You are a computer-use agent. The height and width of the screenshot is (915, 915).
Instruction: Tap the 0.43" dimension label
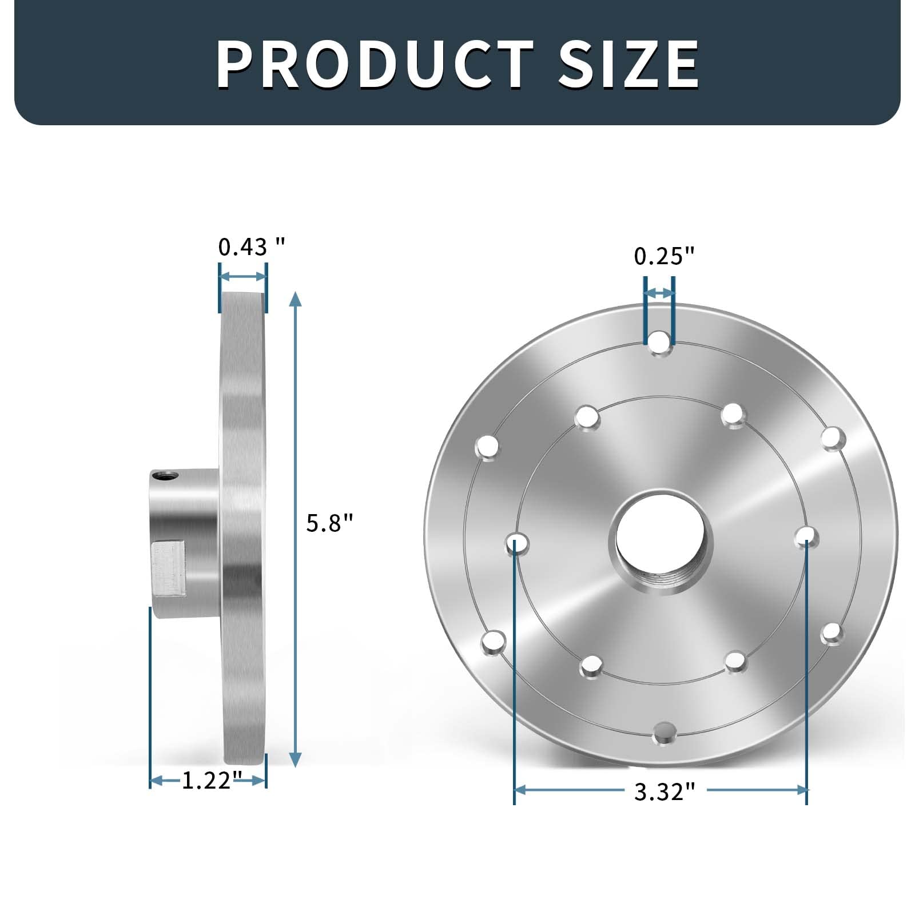coord(251,247)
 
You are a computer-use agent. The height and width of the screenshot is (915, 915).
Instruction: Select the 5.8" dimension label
coord(330,523)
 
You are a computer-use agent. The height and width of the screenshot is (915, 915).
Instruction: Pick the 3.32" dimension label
coord(664,792)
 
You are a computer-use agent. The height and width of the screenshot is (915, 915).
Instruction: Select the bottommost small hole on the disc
coord(664,733)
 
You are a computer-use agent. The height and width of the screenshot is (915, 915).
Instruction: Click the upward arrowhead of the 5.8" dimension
coord(295,299)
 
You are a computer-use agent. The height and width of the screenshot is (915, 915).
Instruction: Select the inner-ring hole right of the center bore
coord(807,536)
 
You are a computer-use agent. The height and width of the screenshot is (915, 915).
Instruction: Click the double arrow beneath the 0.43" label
coord(243,277)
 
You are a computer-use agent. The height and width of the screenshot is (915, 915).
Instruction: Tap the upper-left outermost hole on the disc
coord(487,447)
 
